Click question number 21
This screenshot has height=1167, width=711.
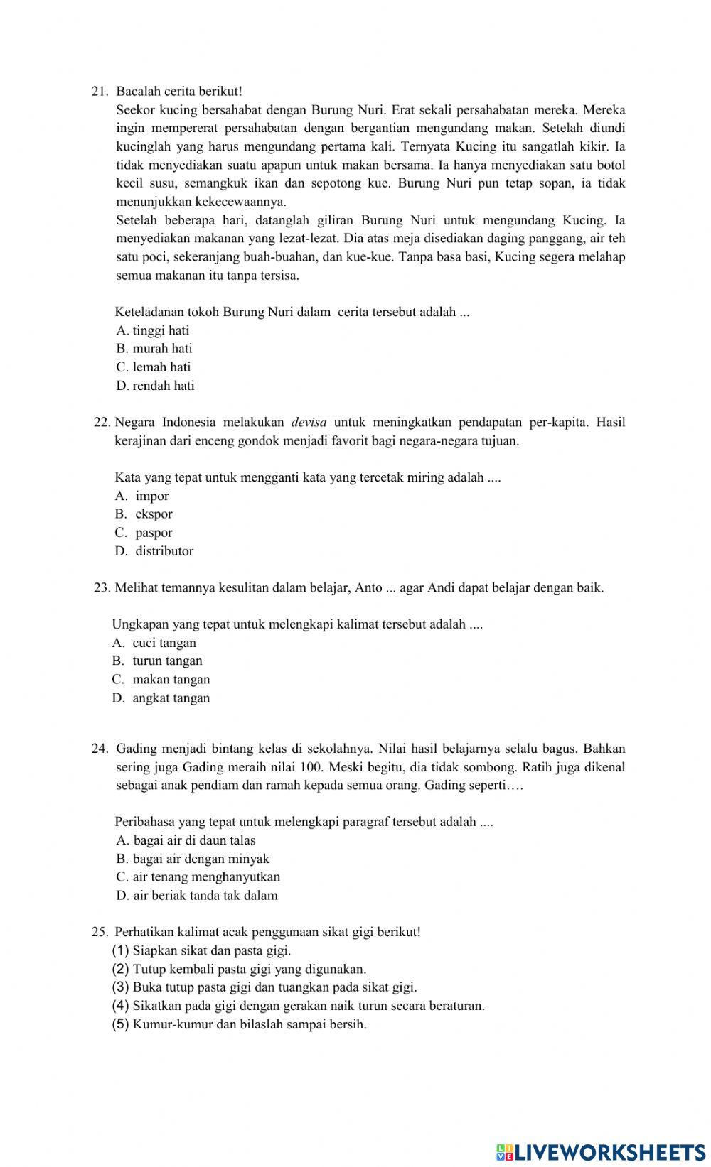[100, 92]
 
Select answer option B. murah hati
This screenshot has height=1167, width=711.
[154, 349]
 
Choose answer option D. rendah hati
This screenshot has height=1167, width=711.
[155, 386]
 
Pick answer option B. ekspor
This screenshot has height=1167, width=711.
[144, 514]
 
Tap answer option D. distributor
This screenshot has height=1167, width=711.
[154, 551]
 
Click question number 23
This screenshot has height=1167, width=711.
[102, 588]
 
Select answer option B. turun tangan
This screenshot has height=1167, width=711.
[157, 661]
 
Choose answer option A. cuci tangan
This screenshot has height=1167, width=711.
[154, 643]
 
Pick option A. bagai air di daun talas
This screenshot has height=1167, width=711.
[186, 840]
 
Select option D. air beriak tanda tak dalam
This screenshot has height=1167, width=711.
[197, 896]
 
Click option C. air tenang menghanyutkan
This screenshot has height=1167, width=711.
[198, 877]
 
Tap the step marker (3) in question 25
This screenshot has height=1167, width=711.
[121, 987]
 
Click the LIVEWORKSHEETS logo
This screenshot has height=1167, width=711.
[601, 1151]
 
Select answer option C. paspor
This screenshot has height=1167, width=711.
[144, 533]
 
